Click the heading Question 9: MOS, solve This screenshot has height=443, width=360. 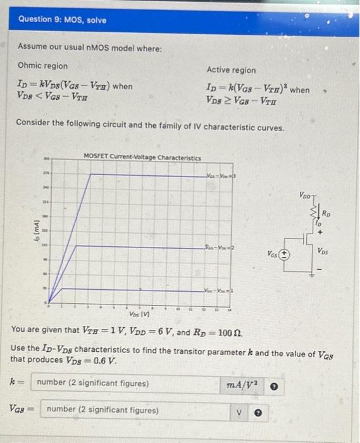[x=62, y=20]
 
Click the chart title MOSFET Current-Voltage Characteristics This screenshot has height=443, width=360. [x=142, y=156]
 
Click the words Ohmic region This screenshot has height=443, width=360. [x=42, y=66]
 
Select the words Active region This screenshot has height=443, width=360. [x=231, y=70]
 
